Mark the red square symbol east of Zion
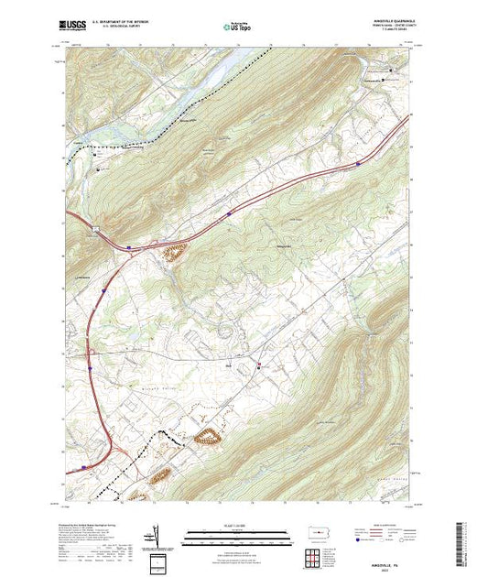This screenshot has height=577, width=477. click(258, 365)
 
